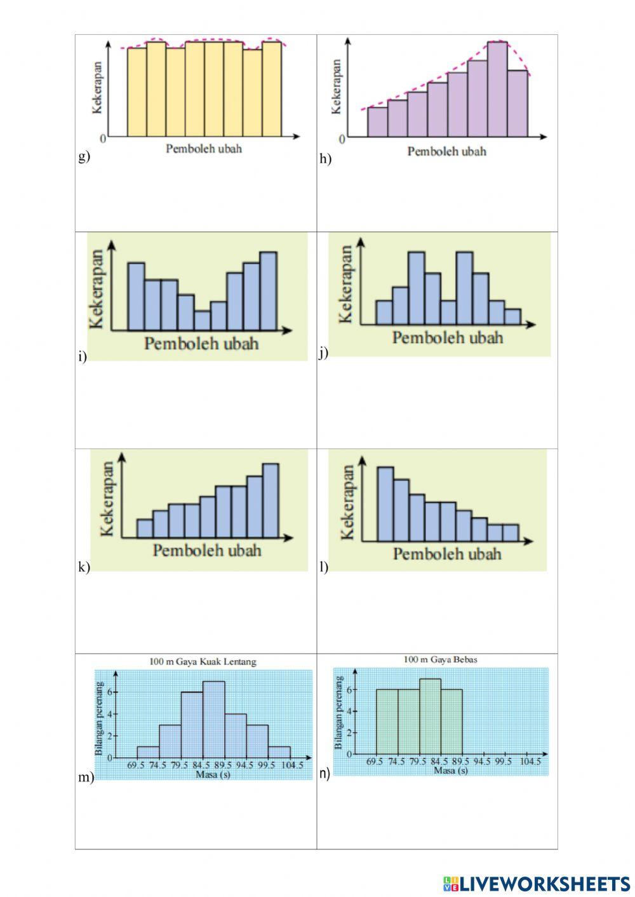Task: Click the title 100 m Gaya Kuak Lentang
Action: [x=203, y=661]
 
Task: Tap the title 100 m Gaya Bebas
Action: [x=441, y=659]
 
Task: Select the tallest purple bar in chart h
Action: [x=498, y=89]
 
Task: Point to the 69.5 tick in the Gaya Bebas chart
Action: [x=375, y=762]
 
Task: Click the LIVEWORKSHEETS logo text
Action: [x=545, y=883]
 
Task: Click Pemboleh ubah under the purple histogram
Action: [x=447, y=151]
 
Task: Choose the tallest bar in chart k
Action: [x=271, y=501]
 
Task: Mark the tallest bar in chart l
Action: [x=385, y=504]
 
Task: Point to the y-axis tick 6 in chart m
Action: [x=109, y=691]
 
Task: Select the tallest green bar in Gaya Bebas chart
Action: [x=430, y=717]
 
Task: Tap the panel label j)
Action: [x=324, y=353]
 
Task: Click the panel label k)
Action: [x=84, y=567]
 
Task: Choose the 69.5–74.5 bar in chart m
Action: [x=148, y=752]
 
